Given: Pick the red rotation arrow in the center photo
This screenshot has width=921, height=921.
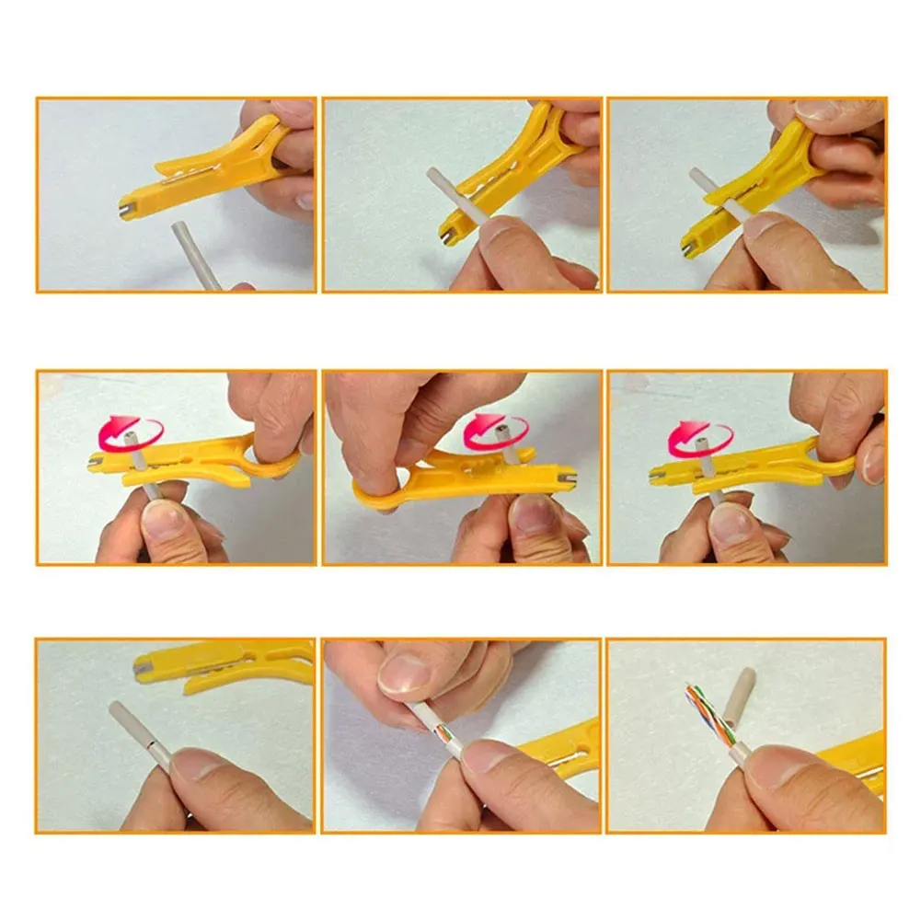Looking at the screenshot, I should pos(495,430).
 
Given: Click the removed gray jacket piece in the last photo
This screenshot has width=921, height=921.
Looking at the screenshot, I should pos(739,697).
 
